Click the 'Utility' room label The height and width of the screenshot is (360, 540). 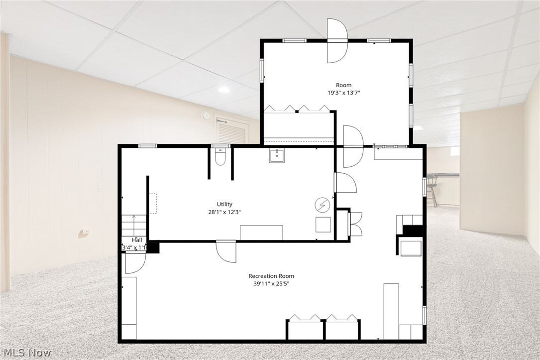[224, 204]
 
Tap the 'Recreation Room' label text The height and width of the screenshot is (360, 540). [271, 276]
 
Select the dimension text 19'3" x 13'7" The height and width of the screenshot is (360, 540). [343, 93]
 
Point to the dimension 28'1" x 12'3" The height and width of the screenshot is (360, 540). [224, 212]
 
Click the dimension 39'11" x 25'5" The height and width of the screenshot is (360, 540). [271, 284]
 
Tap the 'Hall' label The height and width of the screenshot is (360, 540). [137, 240]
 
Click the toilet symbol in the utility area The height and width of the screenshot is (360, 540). [220, 157]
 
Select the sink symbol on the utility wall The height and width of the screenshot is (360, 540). [276, 156]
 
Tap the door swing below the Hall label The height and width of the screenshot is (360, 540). [134, 262]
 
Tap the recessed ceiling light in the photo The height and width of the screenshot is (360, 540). [224, 90]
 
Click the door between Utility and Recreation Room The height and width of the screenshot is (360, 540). [226, 250]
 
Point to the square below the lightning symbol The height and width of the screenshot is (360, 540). [323, 225]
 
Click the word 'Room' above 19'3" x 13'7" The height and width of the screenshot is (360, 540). [343, 85]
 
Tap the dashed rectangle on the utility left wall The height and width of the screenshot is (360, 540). [153, 204]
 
